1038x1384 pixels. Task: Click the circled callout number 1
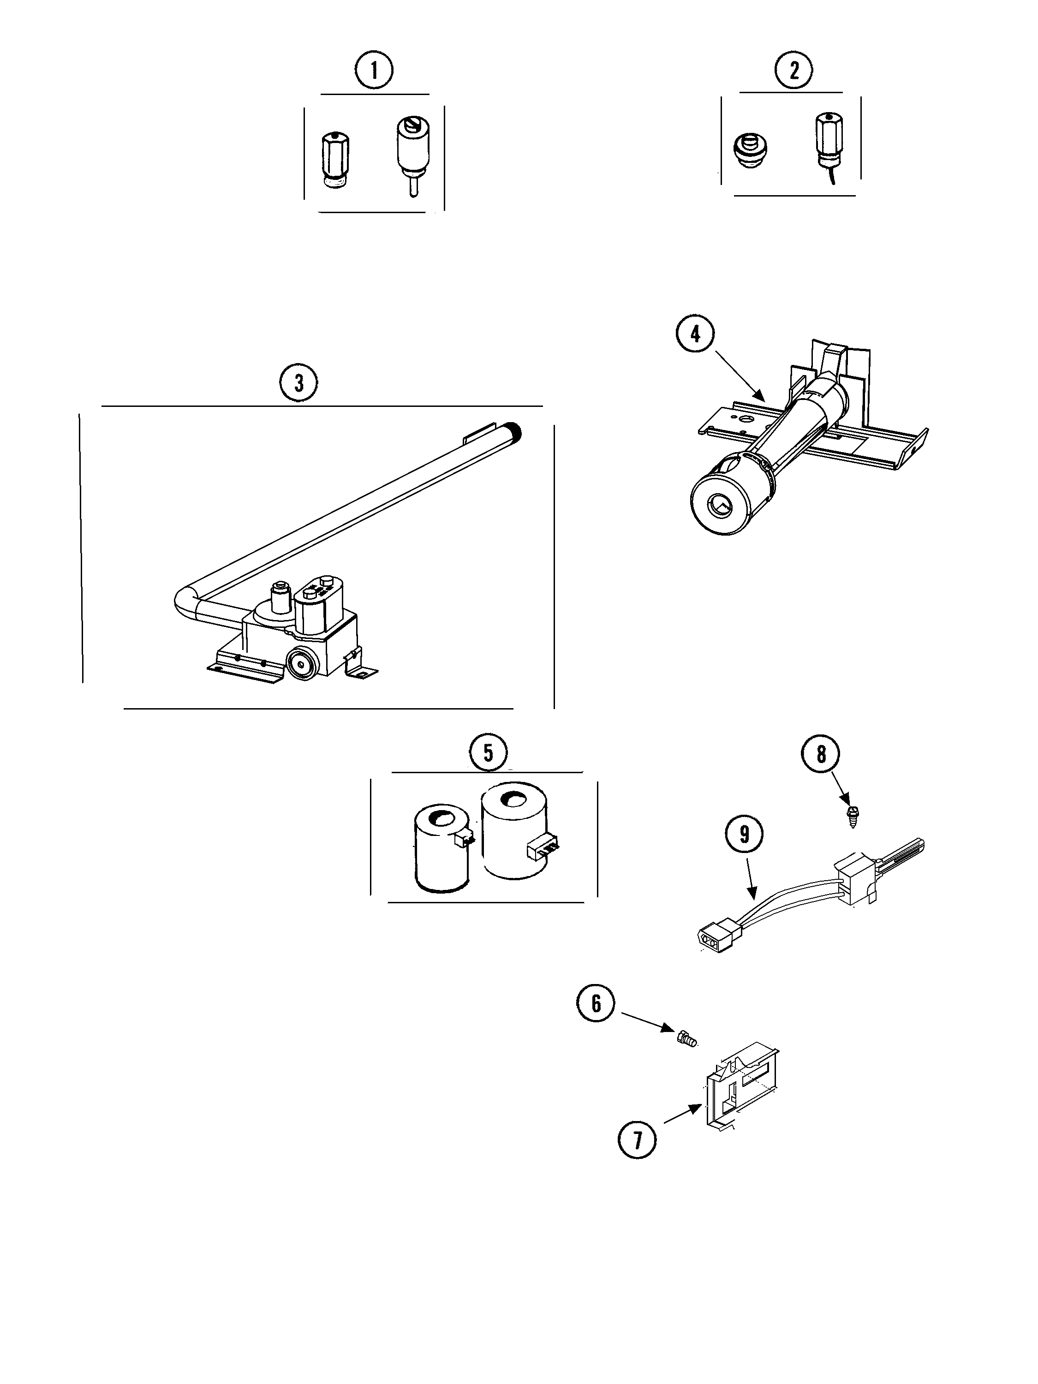click(374, 70)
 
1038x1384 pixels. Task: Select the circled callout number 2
click(794, 70)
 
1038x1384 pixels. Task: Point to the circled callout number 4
click(695, 334)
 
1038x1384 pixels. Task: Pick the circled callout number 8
click(821, 755)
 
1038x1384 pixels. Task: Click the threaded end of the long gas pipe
click(516, 430)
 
